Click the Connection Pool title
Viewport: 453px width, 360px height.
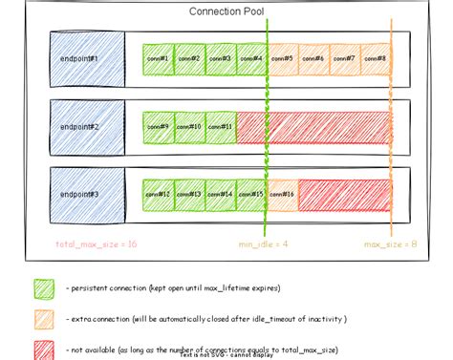(226, 11)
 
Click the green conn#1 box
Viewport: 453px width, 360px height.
(158, 59)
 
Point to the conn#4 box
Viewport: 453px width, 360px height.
(251, 59)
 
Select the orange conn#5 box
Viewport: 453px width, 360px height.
(283, 59)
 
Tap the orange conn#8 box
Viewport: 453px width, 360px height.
(376, 59)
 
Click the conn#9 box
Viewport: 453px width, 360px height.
(158, 127)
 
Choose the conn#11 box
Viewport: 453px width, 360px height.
(220, 127)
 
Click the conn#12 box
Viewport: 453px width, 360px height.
(158, 194)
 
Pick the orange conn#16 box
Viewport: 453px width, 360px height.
(283, 194)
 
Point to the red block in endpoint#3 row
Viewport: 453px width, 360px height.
(345, 194)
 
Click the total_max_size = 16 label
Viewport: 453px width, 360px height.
(96, 244)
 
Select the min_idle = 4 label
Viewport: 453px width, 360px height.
(263, 244)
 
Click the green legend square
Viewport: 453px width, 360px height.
(44, 287)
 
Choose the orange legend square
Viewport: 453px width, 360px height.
(44, 319)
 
